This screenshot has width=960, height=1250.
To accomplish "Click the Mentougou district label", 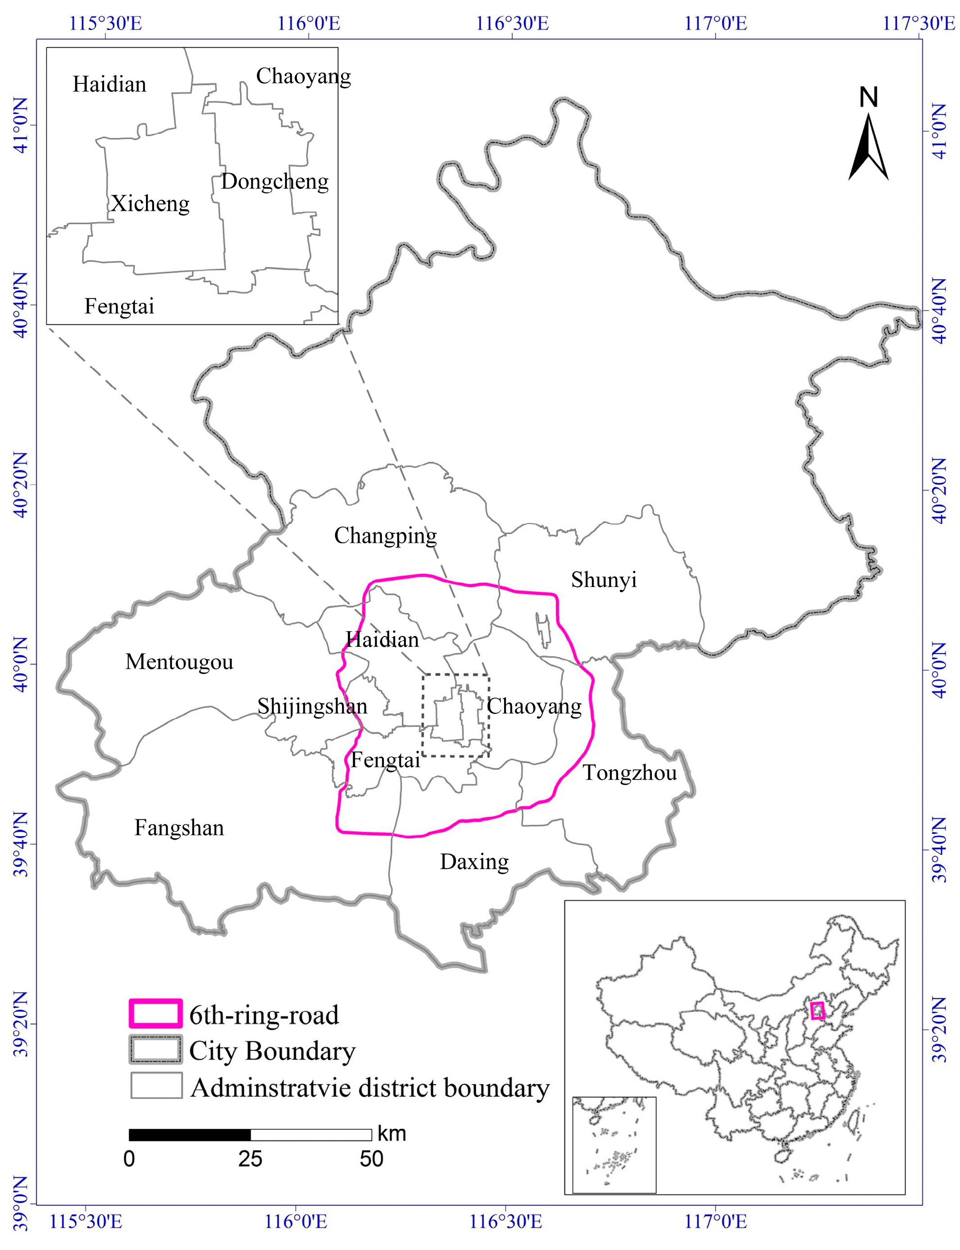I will pyautogui.click(x=179, y=662).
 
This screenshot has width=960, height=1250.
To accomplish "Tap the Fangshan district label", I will pyautogui.click(x=179, y=828).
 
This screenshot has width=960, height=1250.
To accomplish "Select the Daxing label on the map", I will pyautogui.click(x=474, y=862).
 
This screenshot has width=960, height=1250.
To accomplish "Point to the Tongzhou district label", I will pyautogui.click(x=629, y=773).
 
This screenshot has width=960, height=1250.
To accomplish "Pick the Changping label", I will pyautogui.click(x=385, y=536).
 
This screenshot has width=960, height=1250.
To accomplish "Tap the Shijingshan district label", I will pyautogui.click(x=312, y=707).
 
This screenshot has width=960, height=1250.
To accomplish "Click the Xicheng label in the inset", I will pyautogui.click(x=150, y=204).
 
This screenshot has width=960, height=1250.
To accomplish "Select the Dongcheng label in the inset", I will pyautogui.click(x=275, y=182).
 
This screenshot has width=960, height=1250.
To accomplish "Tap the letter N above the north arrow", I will pyautogui.click(x=869, y=98).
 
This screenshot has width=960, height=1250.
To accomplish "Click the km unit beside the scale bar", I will pyautogui.click(x=391, y=1133).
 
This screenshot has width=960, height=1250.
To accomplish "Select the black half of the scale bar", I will pyautogui.click(x=190, y=1135).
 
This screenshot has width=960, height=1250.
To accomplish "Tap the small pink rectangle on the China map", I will pyautogui.click(x=817, y=1011).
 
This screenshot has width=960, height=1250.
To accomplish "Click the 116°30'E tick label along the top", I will pyautogui.click(x=512, y=23).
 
